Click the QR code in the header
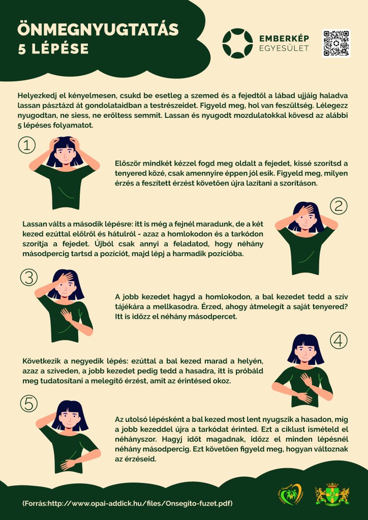tap(336, 43)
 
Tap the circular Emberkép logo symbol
tap(237, 43)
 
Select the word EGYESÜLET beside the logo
tap(284, 48)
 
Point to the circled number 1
tap(27, 145)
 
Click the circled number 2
tap(339, 206)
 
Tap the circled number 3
tap(29, 277)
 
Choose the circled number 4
tap(339, 341)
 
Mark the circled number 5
tap(29, 404)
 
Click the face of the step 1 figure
tap(65, 155)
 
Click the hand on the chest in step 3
tap(67, 315)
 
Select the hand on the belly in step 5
tap(68, 463)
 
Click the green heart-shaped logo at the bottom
tap(290, 494)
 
